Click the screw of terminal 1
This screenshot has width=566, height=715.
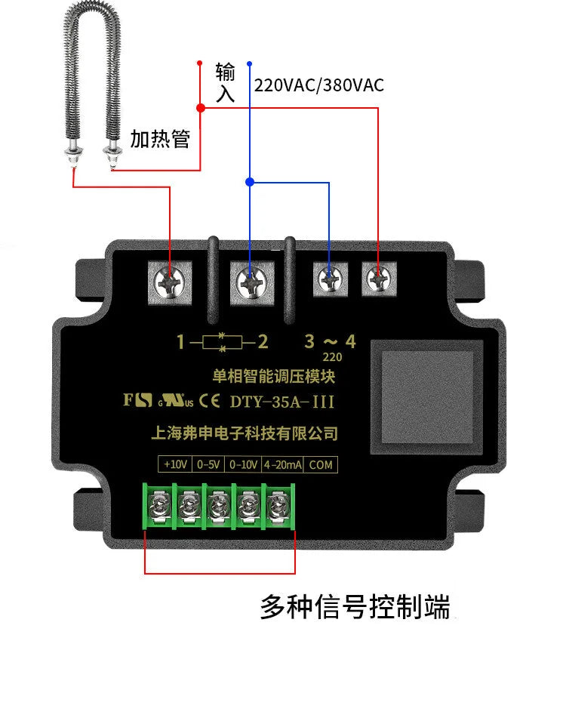[170, 282]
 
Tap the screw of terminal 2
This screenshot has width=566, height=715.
[251, 282]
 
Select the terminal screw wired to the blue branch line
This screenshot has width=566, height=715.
[331, 279]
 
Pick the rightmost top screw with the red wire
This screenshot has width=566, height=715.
[379, 279]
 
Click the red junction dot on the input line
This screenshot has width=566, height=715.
[200, 108]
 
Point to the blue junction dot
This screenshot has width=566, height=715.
[250, 182]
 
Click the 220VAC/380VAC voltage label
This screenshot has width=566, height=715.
[319, 85]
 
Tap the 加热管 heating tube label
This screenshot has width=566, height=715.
[160, 139]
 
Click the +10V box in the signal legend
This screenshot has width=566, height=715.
[175, 464]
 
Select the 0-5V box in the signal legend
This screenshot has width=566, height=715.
[208, 464]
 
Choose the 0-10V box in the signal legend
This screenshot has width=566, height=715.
[243, 464]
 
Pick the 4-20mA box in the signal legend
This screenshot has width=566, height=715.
[282, 464]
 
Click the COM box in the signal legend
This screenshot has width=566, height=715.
[321, 464]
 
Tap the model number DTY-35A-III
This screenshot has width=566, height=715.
[282, 402]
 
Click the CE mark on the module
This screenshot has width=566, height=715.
[209, 401]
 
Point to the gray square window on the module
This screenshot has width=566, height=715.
[426, 396]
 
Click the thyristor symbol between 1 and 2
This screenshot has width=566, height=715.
[223, 342]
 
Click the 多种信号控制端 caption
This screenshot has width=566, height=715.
[355, 606]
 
